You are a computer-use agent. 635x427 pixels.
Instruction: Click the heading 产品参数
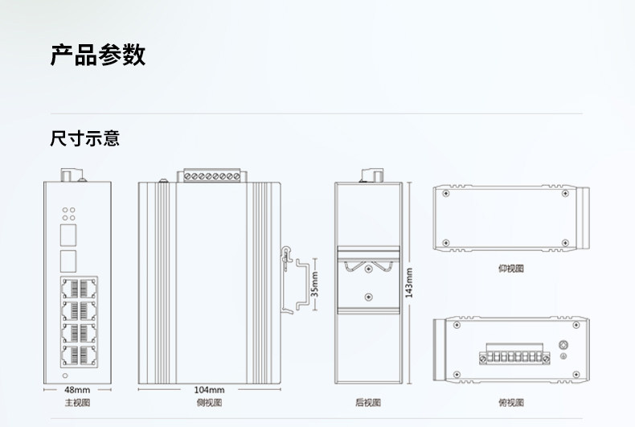coord(97,55)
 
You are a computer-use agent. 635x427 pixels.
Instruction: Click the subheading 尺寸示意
coord(84,138)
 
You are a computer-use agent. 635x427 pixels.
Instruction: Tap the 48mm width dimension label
coord(77,390)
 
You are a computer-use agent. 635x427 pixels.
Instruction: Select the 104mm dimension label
coord(209,390)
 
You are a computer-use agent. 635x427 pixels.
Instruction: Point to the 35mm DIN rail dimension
coord(314,284)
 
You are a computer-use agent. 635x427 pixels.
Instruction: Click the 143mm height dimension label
coord(409,283)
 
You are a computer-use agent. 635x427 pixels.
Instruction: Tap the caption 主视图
coord(77,402)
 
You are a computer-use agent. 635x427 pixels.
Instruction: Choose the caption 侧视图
coord(209,402)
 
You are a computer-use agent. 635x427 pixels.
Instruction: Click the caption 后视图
coord(368,402)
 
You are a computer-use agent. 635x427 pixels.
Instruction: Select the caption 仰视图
coord(511,269)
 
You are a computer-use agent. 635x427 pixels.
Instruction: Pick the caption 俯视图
coord(511,402)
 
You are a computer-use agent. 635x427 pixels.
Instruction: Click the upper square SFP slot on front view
coord(68,236)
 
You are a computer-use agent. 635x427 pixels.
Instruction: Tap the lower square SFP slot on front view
coord(68,261)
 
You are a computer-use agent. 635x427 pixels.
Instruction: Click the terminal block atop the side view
coord(212,175)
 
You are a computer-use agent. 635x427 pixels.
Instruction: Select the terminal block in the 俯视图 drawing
coord(514,354)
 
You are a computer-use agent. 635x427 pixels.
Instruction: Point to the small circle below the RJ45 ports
coord(65,376)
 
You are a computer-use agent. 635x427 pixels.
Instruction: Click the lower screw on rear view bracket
coord(368,297)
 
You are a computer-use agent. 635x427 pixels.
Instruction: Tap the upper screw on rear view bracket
coord(368,269)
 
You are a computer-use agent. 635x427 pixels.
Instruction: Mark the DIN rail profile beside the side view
coord(303,285)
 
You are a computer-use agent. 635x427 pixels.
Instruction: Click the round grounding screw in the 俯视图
coord(563,345)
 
